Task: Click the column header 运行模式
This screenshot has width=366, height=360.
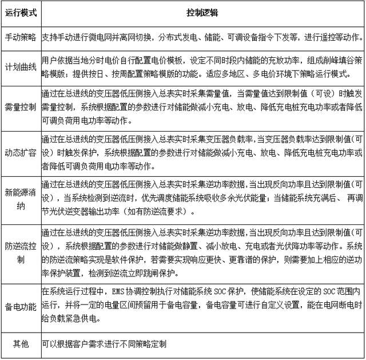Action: (x=21, y=12)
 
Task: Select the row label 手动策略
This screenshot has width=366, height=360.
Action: (x=21, y=37)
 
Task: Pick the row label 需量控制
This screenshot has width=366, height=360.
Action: (x=21, y=105)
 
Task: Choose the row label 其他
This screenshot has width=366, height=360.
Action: (x=21, y=344)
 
